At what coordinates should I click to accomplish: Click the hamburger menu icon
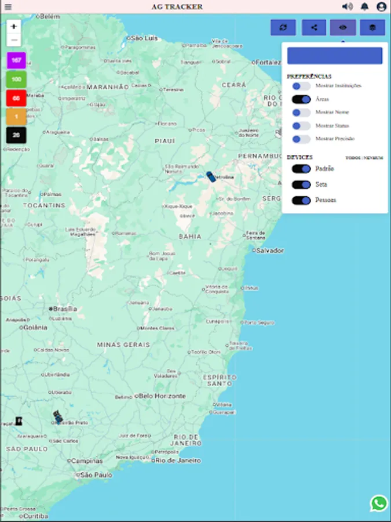pos(8,7)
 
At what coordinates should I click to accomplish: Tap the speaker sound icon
pos(347,7)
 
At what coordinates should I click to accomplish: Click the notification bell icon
pos(364,7)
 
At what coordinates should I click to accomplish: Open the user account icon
pos(381,7)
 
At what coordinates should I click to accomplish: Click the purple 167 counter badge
pos(16,60)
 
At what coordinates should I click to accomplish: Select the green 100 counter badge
pos(16,79)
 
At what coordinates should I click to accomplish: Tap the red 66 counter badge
pos(16,98)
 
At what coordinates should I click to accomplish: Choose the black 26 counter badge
pos(16,135)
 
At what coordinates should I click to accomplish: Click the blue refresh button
pos(283,27)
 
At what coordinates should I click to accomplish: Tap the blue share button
pos(314,27)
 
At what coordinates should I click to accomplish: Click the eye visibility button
pos(343,27)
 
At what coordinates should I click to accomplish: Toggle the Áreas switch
pos(301,99)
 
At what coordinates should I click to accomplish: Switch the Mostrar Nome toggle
pos(301,113)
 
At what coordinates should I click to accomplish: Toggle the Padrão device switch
pos(301,169)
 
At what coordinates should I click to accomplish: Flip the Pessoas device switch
pos(301,200)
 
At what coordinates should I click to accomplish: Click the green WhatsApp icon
pos(379,503)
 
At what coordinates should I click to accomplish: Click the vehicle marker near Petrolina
pos(211,177)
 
